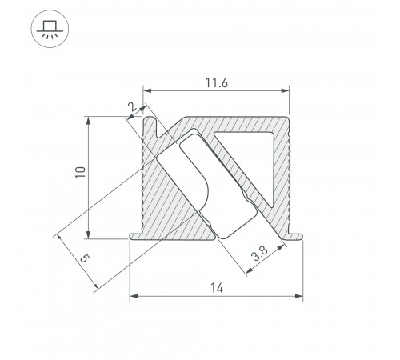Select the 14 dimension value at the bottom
(x=217, y=286)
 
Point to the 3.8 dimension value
(x=258, y=256)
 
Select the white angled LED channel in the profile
(x=208, y=184)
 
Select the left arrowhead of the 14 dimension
(x=133, y=298)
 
